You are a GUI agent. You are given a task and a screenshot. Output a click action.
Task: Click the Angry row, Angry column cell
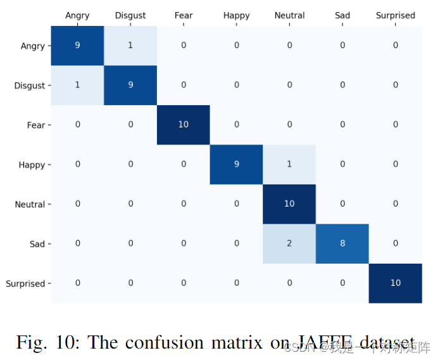(x=77, y=46)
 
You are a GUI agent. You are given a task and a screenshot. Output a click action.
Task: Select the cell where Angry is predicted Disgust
(x=130, y=46)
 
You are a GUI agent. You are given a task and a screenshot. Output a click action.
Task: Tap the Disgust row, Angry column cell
(x=77, y=85)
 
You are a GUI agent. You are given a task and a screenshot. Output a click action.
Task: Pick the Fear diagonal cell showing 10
(x=183, y=125)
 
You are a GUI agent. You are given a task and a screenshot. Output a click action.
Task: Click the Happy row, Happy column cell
(x=236, y=164)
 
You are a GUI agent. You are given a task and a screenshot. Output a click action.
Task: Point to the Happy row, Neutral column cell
(x=289, y=164)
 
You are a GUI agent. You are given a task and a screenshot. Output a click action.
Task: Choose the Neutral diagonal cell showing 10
(x=289, y=204)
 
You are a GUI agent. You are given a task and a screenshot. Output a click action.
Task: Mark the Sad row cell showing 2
(x=289, y=243)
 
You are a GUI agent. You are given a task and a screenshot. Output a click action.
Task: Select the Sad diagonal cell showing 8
(x=343, y=243)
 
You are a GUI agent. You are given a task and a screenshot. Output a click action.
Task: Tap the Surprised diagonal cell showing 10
(x=395, y=283)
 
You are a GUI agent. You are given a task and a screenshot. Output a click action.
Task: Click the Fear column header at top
(x=184, y=15)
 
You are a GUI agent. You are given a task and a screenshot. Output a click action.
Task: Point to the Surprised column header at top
(x=395, y=15)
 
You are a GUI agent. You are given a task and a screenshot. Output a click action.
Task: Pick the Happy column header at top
(x=236, y=15)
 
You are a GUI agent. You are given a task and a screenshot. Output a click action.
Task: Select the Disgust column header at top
(x=130, y=15)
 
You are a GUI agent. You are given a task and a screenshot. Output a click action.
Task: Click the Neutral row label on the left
(x=30, y=204)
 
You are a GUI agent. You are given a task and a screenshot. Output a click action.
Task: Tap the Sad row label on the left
(x=37, y=243)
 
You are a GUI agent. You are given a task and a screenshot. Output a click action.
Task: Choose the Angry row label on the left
(x=33, y=46)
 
